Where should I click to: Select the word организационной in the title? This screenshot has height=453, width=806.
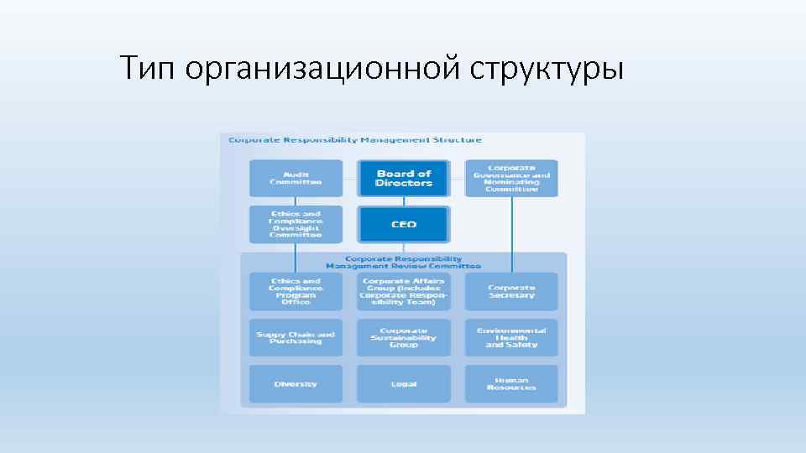click(x=322, y=68)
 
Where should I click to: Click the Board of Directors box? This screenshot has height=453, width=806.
click(x=404, y=178)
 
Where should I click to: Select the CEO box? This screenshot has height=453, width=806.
click(x=404, y=224)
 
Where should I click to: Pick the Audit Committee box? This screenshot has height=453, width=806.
click(x=296, y=178)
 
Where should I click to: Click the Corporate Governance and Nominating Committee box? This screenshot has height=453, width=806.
click(x=511, y=178)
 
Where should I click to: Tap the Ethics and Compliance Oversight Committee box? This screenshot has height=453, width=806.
click(x=296, y=224)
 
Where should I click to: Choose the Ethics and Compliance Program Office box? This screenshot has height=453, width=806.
click(x=296, y=291)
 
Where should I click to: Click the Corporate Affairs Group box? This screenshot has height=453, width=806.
click(x=404, y=291)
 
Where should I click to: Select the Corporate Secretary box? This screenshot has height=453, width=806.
click(x=511, y=291)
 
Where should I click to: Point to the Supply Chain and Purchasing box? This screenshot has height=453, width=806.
click(x=296, y=337)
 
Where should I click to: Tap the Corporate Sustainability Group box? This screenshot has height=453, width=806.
click(x=404, y=337)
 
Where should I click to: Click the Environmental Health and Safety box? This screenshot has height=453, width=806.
click(x=511, y=337)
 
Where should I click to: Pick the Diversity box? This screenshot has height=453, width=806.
click(x=296, y=383)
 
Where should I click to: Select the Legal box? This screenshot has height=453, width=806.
click(x=404, y=383)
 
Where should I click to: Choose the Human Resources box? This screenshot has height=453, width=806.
click(x=511, y=383)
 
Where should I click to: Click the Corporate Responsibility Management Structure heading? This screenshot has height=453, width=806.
click(x=355, y=140)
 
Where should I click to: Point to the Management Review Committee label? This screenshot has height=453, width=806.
click(x=404, y=263)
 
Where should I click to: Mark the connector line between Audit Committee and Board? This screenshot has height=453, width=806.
click(x=351, y=178)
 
